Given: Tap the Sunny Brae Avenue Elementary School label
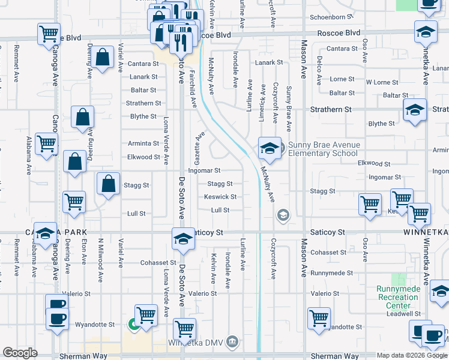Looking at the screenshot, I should click(x=324, y=149).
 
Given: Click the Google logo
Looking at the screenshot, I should click(x=20, y=352).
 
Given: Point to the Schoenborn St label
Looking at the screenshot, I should click(x=329, y=17).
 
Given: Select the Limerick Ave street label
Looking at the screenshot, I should click(x=262, y=103).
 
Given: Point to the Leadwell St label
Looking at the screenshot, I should click(x=403, y=313).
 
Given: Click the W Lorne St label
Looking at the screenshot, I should click(x=382, y=82).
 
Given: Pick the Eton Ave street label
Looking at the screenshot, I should click(x=84, y=251).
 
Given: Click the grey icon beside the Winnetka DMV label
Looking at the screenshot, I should click(x=234, y=343).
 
